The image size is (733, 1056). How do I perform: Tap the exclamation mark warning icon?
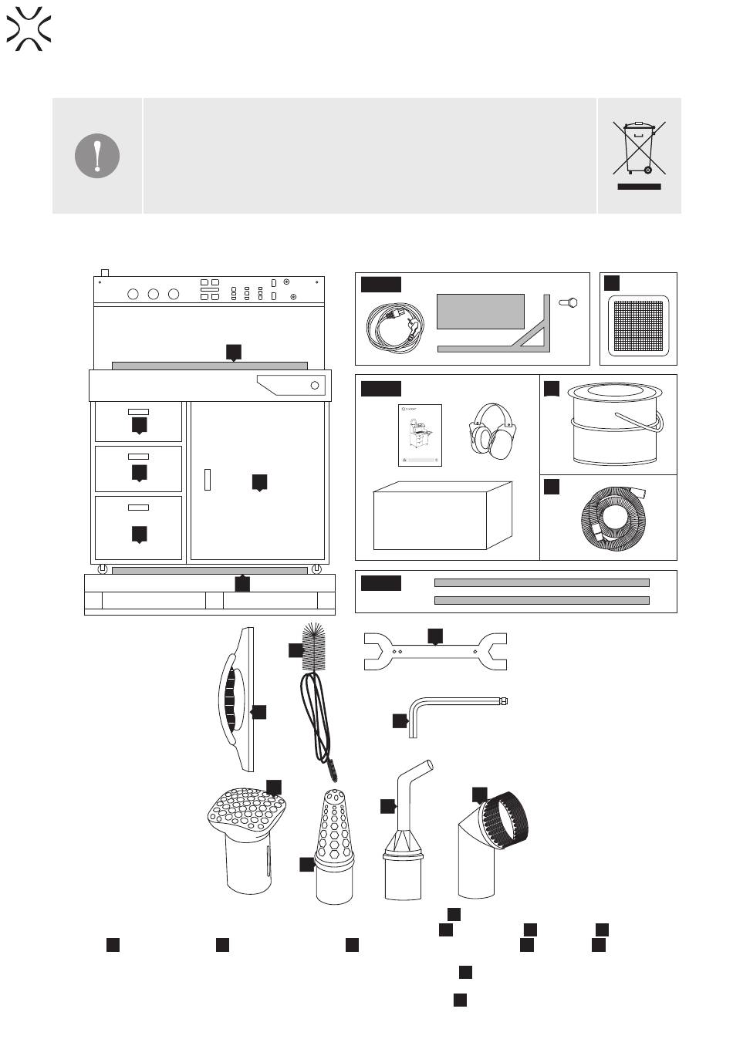tap(97, 156)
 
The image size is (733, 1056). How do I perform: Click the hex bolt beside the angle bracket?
tap(573, 304)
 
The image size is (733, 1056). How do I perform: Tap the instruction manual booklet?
tap(421, 436)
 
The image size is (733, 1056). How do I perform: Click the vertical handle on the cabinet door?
tap(208, 479)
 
